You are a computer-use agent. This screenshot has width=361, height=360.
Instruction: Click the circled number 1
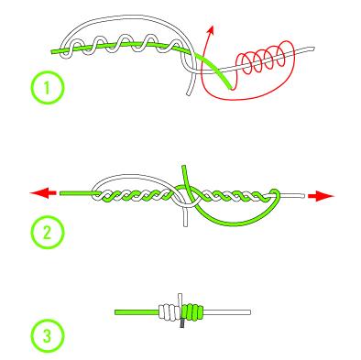[48, 88]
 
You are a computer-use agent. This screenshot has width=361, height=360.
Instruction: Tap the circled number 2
[48, 233]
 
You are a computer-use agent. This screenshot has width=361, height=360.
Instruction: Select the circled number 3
[48, 336]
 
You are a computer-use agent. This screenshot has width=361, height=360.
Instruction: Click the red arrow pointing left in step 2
[43, 193]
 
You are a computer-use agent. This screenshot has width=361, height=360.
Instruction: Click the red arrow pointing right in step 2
[322, 196]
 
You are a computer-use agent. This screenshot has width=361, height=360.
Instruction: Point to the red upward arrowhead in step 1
[211, 30]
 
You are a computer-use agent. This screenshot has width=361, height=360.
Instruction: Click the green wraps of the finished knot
[192, 312]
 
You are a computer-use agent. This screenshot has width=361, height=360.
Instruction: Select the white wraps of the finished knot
[170, 312]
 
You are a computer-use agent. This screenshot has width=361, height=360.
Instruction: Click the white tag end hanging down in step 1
[191, 83]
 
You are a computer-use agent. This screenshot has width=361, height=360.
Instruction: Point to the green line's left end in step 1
[52, 52]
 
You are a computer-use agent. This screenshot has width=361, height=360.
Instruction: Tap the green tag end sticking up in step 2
[185, 176]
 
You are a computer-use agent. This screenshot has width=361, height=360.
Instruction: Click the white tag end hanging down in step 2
[185, 217]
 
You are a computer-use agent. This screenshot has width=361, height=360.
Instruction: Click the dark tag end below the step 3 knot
[182, 323]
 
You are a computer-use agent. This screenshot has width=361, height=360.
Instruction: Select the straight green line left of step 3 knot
[137, 312]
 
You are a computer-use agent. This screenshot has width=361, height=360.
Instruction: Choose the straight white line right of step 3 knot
[227, 312]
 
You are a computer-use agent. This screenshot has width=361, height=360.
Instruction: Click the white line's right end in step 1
[312, 49]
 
